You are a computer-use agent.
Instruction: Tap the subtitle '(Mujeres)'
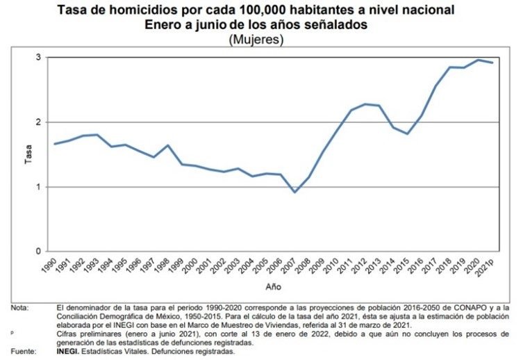[256, 40]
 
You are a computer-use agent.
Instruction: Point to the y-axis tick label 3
[38, 58]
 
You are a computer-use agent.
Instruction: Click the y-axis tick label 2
[38, 122]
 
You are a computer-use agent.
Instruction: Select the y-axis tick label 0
[38, 251]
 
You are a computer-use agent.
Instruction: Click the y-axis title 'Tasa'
[28, 154]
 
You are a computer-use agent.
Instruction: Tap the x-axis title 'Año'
[273, 287]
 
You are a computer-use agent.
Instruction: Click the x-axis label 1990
[49, 265]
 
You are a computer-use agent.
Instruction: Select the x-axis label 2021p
[485, 267]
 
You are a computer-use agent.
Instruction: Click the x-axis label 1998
[162, 265]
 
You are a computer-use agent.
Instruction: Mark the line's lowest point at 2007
[294, 193]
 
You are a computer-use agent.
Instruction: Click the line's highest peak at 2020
[478, 60]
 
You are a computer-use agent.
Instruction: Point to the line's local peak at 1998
[167, 145]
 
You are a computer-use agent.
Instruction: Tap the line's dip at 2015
[407, 134]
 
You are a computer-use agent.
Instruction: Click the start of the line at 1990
[55, 144]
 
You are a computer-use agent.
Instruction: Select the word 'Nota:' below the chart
[19, 308]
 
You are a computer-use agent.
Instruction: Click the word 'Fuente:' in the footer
[24, 352]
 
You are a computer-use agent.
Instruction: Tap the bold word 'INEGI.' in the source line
[67, 352]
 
